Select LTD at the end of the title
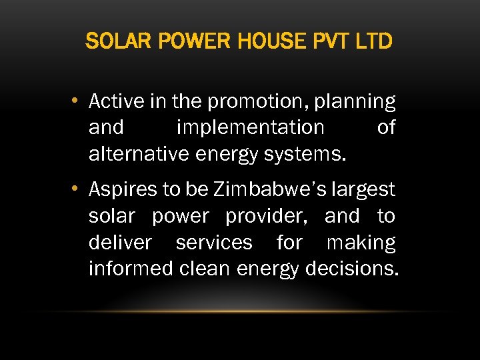(374, 43)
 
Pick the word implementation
(251, 127)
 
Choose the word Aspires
(123, 190)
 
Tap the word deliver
(120, 243)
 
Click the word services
(214, 243)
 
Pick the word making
(361, 243)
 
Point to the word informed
(131, 269)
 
